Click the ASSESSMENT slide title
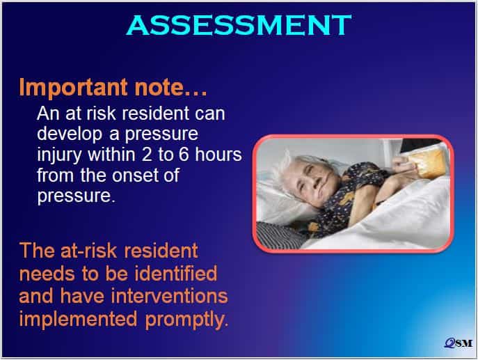pos(239,25)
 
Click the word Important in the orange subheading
pos(73,88)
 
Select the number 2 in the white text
pos(146,155)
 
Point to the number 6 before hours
pos(184,155)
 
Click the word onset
pos(135,175)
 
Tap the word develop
pos(70,134)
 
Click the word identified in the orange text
pos(176,273)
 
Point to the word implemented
pos(78,320)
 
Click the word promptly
pos(186,320)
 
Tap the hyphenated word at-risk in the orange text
pos(88,251)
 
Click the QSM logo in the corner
pos(459,343)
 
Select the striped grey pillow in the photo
pos(279,234)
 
